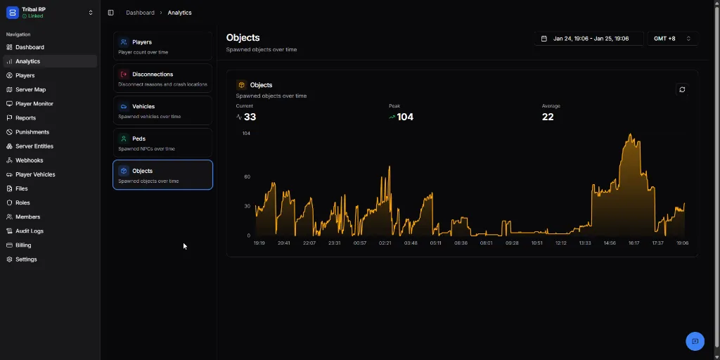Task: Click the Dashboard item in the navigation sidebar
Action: tap(30, 47)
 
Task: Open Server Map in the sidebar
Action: tap(30, 89)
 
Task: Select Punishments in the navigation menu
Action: tap(32, 132)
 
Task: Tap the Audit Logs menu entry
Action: tap(30, 231)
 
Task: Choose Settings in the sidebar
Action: tap(26, 259)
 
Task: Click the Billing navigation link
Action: tap(23, 245)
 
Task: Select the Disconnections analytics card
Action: tap(162, 78)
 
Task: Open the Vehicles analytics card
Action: tap(162, 110)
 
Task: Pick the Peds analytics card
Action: tap(162, 143)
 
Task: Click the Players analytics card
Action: tap(162, 46)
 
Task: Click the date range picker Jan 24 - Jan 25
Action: tap(589, 39)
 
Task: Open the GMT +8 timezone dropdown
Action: tap(672, 39)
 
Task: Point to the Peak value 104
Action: tap(405, 117)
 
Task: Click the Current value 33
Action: tap(250, 117)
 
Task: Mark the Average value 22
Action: tap(548, 117)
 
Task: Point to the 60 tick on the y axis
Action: tap(247, 176)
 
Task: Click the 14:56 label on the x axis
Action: tap(609, 243)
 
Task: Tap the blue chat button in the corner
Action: tap(695, 341)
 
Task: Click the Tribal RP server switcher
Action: tap(49, 13)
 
